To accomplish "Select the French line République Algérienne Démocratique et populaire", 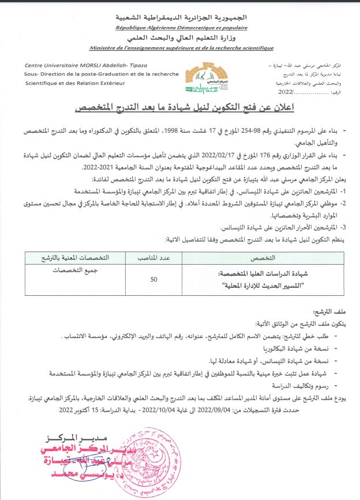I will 181,27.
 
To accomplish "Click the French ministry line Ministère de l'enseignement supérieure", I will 181,48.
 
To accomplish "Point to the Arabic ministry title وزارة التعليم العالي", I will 181,38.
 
